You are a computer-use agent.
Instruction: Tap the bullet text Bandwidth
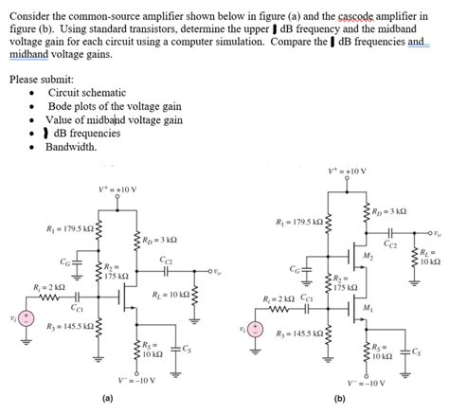(71, 147)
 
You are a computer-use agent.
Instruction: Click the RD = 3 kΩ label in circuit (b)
(388, 210)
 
